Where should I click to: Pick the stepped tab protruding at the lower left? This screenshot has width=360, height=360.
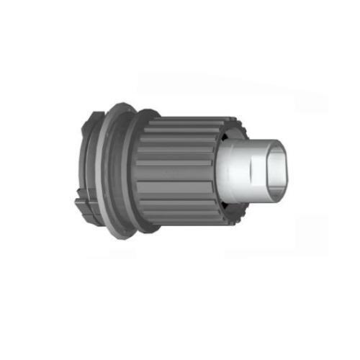85,213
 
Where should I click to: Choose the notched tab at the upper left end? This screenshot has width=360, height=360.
93,120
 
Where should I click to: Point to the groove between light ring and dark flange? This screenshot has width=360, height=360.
118,173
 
